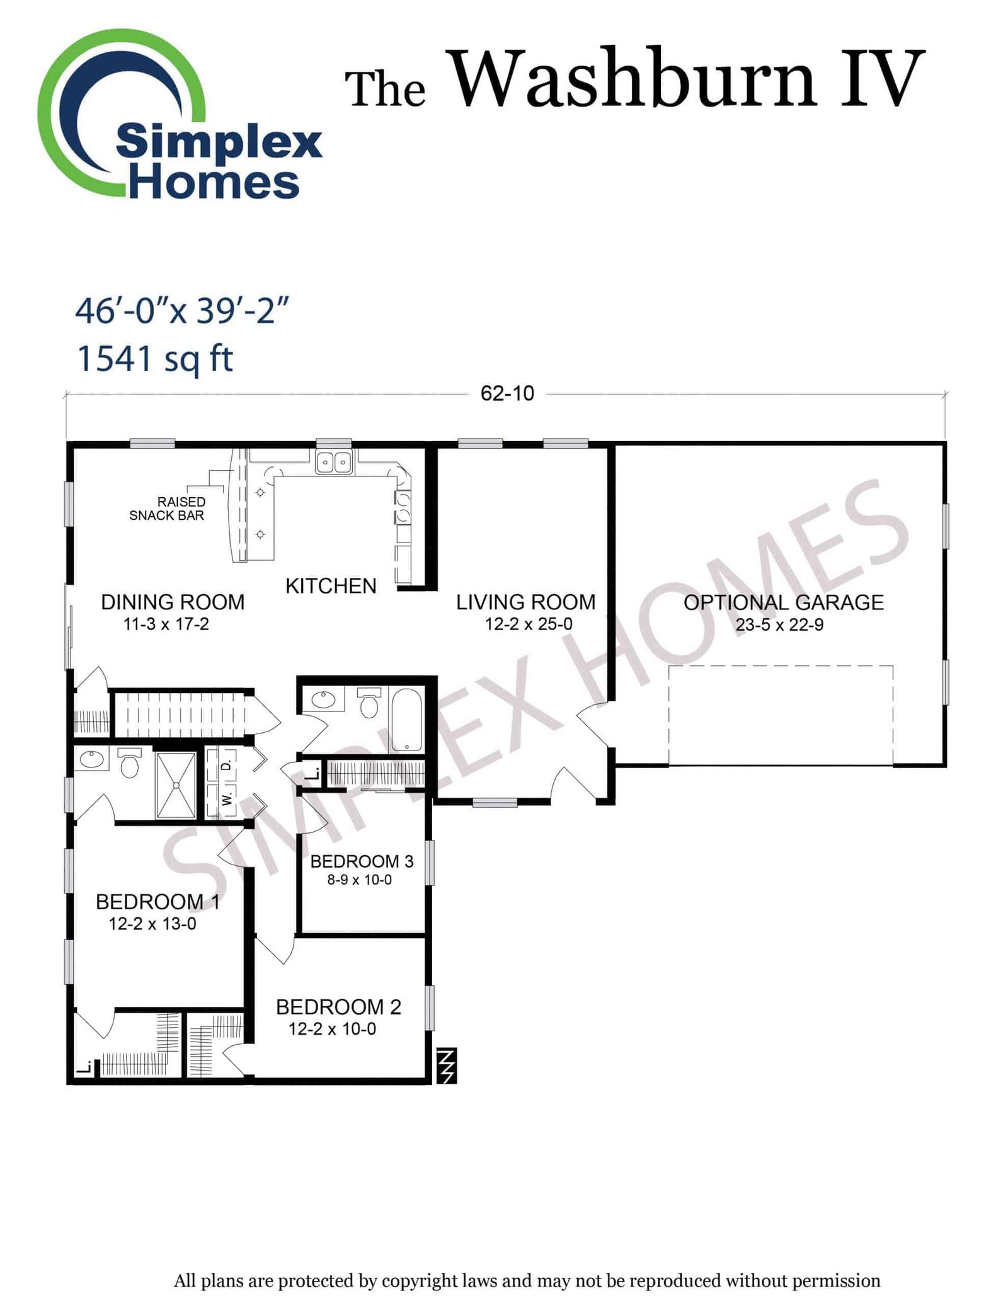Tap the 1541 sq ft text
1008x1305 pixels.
154,359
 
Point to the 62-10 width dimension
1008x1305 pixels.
507,393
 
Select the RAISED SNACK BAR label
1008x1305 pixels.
168,509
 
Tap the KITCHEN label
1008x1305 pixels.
331,586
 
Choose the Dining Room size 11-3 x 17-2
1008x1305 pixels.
166,624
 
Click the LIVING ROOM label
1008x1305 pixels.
526,602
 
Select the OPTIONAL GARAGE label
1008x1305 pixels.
784,602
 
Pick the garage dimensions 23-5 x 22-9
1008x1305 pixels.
779,625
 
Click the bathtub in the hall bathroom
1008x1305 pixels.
406,720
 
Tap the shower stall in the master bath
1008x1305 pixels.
176,785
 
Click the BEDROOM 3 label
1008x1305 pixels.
362,861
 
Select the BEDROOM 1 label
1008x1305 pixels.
158,902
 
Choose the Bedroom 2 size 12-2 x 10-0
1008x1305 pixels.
332,1029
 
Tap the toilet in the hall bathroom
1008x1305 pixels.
369,703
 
